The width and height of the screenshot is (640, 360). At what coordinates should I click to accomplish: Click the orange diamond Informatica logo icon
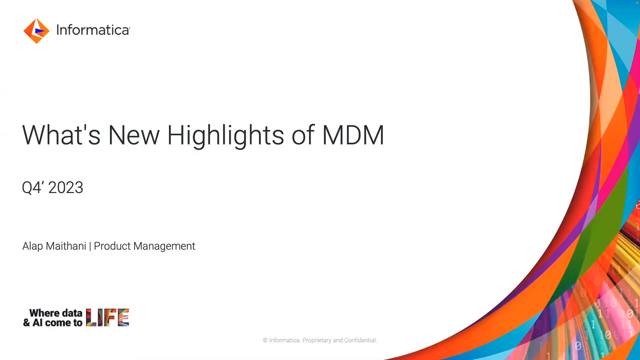pyautogui.click(x=36, y=31)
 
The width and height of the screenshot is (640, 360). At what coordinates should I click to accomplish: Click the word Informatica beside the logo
pyautogui.click(x=93, y=30)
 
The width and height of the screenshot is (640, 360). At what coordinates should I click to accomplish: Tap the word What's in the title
pyautogui.click(x=61, y=135)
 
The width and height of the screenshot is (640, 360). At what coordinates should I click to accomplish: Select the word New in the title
pyautogui.click(x=133, y=135)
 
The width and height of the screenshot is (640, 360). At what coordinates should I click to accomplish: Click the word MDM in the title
pyautogui.click(x=353, y=135)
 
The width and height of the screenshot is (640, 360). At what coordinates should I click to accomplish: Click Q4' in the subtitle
pyautogui.click(x=32, y=188)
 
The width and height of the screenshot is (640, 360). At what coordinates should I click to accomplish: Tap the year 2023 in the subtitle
pyautogui.click(x=66, y=188)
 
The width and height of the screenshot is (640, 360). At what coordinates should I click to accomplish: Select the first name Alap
pyautogui.click(x=33, y=246)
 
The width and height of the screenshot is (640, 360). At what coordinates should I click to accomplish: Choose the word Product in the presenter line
pyautogui.click(x=110, y=246)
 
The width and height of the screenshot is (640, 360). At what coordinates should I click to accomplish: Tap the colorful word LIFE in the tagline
pyautogui.click(x=107, y=317)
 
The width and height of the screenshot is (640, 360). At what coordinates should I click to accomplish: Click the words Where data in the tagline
pyautogui.click(x=55, y=313)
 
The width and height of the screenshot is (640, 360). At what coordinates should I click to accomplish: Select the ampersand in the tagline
pyautogui.click(x=26, y=323)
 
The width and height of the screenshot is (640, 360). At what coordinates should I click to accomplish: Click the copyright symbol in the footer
pyautogui.click(x=265, y=340)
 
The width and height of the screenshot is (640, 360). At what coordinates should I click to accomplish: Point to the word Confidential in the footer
pyautogui.click(x=360, y=340)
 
